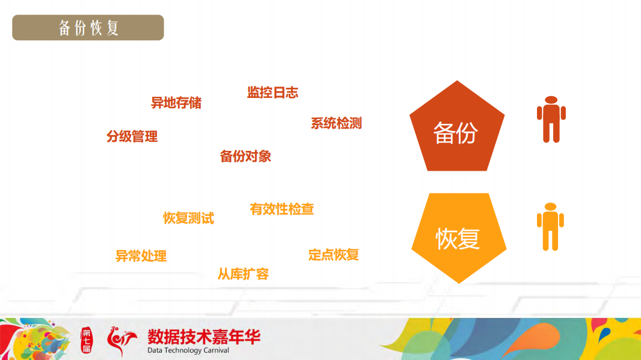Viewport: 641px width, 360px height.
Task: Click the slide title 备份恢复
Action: pos(88,28)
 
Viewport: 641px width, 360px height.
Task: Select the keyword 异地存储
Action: pos(176,103)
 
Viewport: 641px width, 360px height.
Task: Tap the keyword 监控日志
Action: pos(272,93)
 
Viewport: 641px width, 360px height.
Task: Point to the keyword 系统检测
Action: pos(336,123)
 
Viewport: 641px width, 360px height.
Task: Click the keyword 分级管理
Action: pos(132,136)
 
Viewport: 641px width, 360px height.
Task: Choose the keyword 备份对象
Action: pos(245,156)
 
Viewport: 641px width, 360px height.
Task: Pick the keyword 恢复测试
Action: pos(188,218)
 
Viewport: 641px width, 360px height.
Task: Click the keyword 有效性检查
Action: pos(281,209)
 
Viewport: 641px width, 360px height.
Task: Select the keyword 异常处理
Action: pos(141,256)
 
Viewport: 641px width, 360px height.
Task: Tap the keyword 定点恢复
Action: pos(333,255)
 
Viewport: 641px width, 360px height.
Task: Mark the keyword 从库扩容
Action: pos(243,275)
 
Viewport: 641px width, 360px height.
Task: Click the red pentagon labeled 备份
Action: pos(456,129)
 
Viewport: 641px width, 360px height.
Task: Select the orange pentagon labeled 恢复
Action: pos(458,236)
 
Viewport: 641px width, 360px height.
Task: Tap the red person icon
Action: pos(551,120)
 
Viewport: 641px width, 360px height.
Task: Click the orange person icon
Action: pos(550,227)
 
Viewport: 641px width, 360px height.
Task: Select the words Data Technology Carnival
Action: pos(188,350)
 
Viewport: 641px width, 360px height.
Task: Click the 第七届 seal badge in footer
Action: pos(87,341)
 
